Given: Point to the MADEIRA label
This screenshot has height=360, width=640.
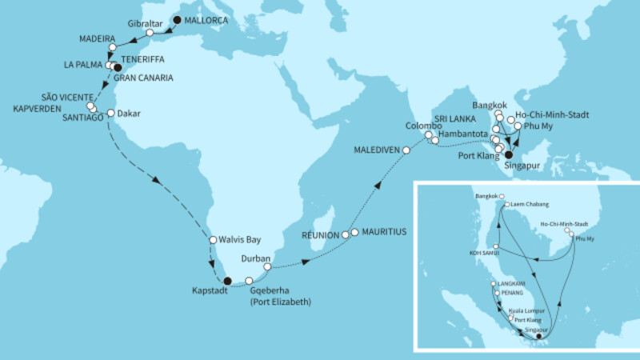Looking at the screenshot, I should tap(97, 38).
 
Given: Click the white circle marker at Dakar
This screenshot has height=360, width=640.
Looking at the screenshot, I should tap(110, 113).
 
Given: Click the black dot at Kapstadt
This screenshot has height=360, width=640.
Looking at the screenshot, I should tap(227, 281).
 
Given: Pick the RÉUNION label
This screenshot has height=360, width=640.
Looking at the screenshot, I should tap(319, 237).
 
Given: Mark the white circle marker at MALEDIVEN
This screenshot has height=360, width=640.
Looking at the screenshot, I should tap(406, 150).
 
